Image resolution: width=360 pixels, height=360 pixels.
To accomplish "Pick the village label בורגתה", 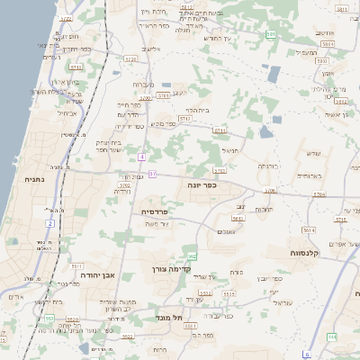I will (x=269, y=166).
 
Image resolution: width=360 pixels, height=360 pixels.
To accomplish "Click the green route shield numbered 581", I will (x=271, y=34).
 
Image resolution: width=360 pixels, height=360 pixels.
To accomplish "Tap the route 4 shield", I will (x=141, y=157).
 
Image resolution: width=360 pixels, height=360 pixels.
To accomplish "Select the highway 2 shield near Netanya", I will (x=49, y=222).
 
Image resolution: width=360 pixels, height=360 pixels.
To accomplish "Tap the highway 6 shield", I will (x=307, y=354).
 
